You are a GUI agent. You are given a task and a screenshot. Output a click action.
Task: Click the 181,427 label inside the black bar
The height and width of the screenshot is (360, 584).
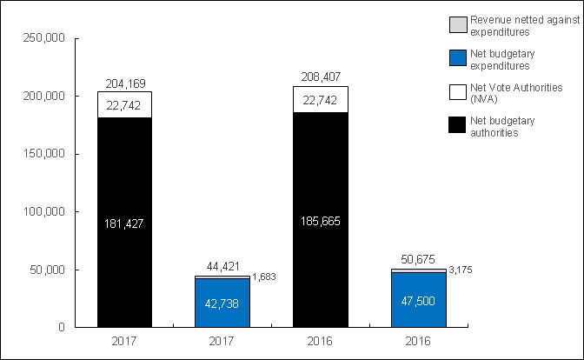point(124,223)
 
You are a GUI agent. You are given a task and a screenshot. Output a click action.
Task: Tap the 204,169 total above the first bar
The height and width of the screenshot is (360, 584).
point(124,84)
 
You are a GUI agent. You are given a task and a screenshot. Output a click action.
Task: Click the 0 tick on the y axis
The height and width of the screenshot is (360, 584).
point(63,328)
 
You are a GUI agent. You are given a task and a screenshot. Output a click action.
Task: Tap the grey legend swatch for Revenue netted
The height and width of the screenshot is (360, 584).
point(457,21)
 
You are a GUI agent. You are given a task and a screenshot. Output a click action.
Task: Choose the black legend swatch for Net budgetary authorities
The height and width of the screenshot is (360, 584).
point(457,126)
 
